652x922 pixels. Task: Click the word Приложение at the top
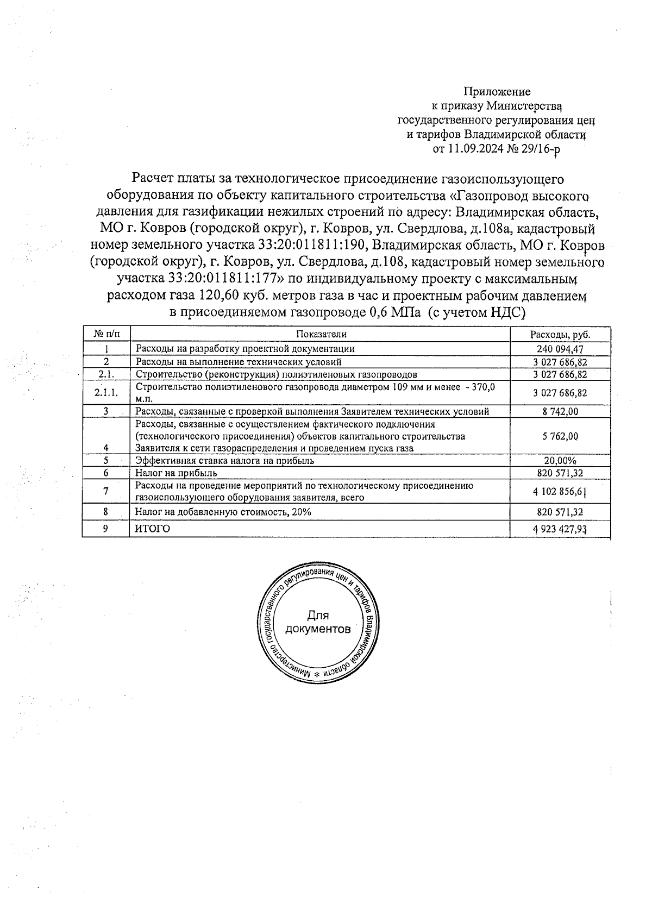coord(497,92)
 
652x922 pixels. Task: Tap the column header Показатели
coord(321,334)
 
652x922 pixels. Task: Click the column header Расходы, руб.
coord(560,334)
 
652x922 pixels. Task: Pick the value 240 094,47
coord(560,349)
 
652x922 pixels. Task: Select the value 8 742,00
coord(560,412)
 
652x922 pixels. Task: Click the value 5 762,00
coord(560,436)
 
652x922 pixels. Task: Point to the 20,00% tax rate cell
coord(560,461)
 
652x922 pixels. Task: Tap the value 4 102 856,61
coord(560,492)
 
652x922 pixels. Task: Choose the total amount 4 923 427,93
coord(560,529)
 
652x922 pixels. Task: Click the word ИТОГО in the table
coord(152,529)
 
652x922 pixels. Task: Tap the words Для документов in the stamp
coord(318,623)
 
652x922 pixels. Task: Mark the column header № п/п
coord(106,334)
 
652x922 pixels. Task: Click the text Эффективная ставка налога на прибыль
coord(225,461)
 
